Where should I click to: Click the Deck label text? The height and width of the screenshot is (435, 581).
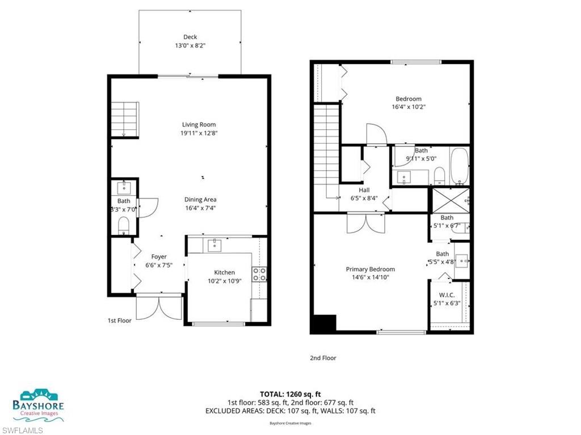[190, 37]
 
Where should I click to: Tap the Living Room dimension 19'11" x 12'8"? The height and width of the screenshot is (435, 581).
[199, 133]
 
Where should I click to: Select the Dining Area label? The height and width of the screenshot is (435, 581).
[200, 200]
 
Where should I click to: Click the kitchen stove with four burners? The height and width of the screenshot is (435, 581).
[260, 274]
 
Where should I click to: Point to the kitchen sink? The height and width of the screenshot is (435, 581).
[215, 245]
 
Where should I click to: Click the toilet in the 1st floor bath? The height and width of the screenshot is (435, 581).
[124, 227]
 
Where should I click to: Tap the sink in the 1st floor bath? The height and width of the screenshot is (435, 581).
[124, 187]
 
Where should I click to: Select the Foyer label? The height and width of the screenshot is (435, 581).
[159, 257]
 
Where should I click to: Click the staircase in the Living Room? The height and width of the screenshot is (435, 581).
[124, 119]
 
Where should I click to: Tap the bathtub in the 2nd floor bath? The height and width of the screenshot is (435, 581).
[458, 166]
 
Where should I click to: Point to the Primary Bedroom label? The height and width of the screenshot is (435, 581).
[371, 269]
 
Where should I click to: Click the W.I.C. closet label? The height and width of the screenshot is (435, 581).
[447, 295]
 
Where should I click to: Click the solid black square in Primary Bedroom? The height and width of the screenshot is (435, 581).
[323, 324]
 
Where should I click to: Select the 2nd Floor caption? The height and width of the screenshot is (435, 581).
[323, 358]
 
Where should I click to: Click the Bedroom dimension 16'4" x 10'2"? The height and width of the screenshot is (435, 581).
[408, 107]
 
